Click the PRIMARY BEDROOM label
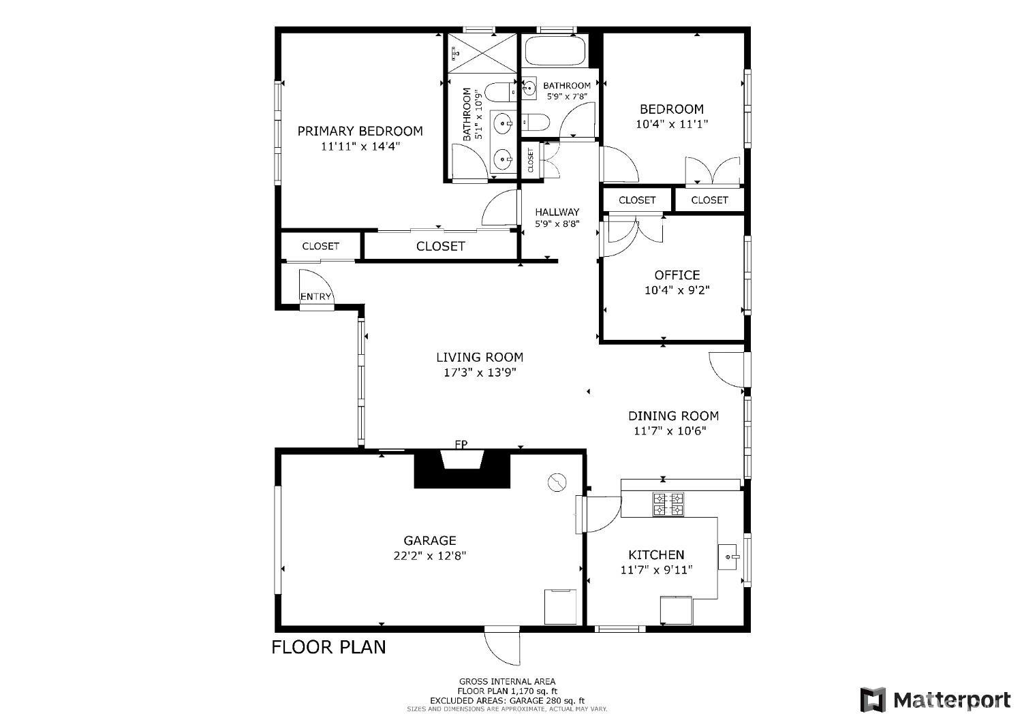[360, 131]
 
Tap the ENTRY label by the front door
[316, 296]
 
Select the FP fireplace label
[461, 445]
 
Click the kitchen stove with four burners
[668, 504]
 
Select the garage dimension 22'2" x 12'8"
[429, 555]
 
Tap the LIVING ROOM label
[480, 357]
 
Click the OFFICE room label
[677, 275]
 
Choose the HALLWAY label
[557, 212]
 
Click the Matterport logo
[935, 700]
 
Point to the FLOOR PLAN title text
[328, 646]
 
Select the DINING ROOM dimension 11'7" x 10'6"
[670, 430]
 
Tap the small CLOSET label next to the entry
[320, 246]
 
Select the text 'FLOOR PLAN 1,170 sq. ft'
[506, 691]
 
